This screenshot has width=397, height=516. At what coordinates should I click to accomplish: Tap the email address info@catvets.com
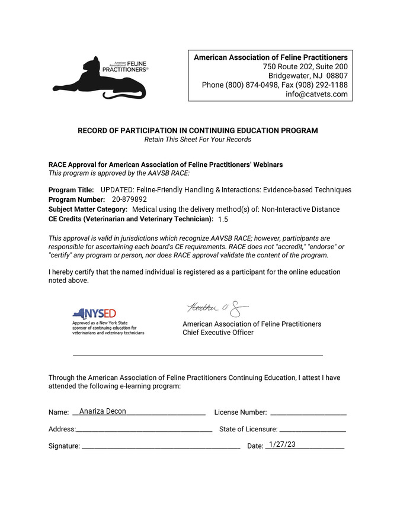[316, 94]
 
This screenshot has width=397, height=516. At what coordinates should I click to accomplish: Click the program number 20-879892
[129, 199]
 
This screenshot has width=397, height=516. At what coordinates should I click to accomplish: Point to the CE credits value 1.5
[223, 220]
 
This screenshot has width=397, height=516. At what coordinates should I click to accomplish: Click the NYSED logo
[94, 314]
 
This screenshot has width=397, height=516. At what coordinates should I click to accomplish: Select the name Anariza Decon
[103, 411]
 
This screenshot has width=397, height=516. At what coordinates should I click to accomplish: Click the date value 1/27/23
[281, 444]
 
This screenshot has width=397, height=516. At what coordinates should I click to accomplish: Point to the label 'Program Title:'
[71, 190]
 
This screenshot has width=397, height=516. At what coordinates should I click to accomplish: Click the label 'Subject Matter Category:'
[88, 209]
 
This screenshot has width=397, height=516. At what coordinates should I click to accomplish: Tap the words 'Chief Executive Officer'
[217, 333]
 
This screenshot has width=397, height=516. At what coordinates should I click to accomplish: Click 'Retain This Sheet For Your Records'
[198, 140]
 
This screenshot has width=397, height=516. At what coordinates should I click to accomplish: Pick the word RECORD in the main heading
[94, 131]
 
